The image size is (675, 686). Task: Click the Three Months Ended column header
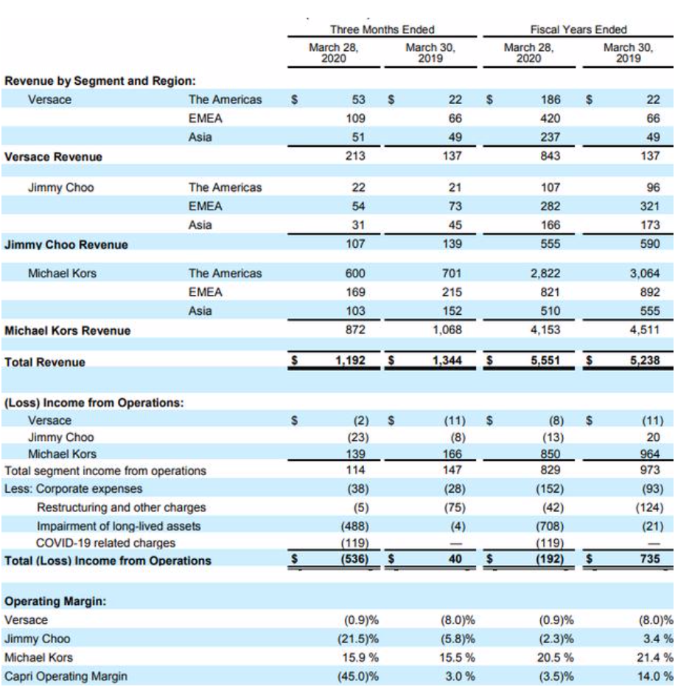(x=382, y=30)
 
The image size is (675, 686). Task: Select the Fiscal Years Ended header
(x=578, y=30)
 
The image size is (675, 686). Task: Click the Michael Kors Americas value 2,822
(x=546, y=273)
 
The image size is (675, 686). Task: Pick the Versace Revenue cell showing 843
(x=550, y=156)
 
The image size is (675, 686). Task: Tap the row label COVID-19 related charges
(x=106, y=544)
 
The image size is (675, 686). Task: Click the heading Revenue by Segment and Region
(x=105, y=80)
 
